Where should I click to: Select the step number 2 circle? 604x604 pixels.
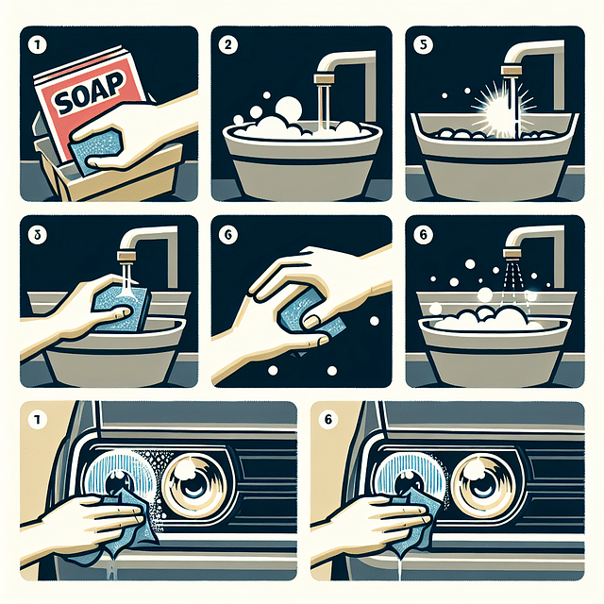[227, 43]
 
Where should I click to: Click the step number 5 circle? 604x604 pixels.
[423, 43]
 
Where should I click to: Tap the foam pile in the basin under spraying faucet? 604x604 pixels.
[491, 319]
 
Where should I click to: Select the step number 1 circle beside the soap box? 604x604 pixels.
[33, 43]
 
